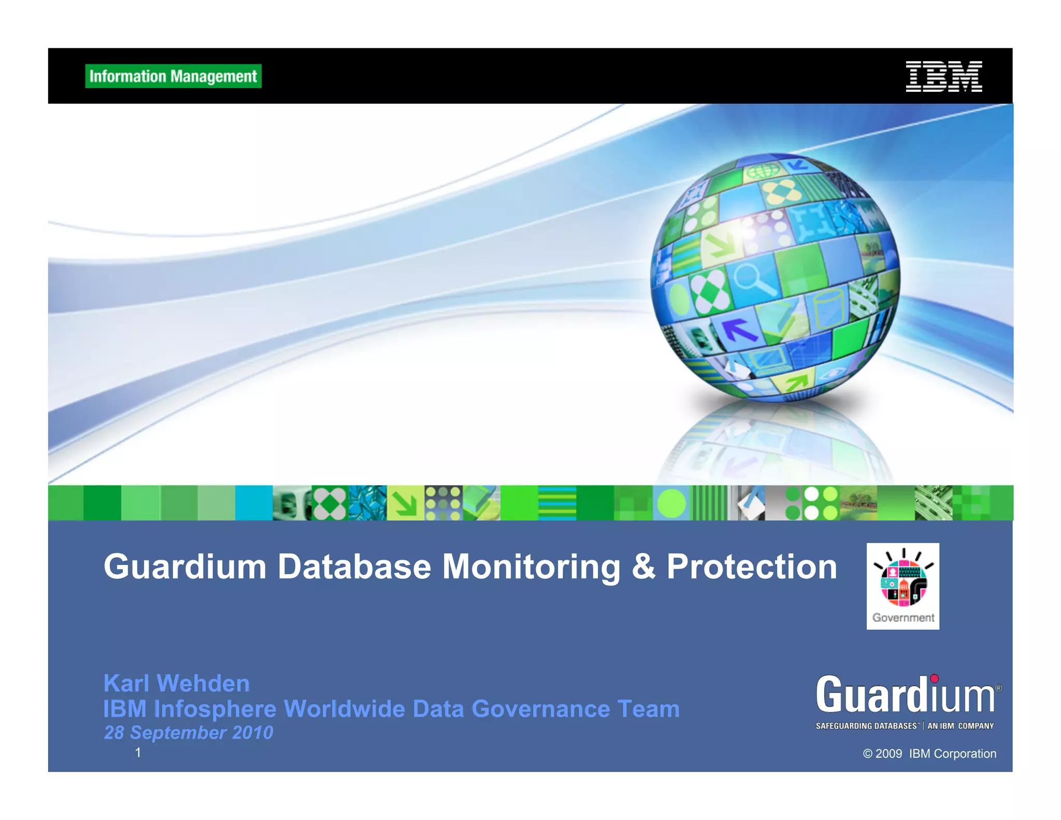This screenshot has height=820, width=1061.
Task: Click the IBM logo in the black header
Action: (943, 76)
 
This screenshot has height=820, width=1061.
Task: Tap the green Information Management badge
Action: (173, 76)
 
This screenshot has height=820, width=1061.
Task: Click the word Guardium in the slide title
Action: (185, 567)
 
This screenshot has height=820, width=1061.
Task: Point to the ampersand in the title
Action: (643, 567)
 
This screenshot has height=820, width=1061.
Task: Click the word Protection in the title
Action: (752, 567)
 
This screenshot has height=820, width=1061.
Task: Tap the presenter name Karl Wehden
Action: (177, 683)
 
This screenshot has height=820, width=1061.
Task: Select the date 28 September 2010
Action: (189, 732)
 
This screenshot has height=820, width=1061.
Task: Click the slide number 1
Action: (138, 752)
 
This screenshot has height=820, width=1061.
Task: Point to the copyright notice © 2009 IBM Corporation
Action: (929, 754)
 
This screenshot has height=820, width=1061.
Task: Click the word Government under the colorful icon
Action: (903, 617)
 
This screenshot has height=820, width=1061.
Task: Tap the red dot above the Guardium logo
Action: (934, 678)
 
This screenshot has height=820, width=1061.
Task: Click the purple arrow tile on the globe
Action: (738, 329)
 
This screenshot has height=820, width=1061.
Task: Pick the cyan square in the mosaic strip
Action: (253, 503)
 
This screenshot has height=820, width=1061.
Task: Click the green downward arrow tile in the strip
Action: (406, 503)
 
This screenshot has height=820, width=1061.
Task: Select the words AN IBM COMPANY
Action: (960, 726)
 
